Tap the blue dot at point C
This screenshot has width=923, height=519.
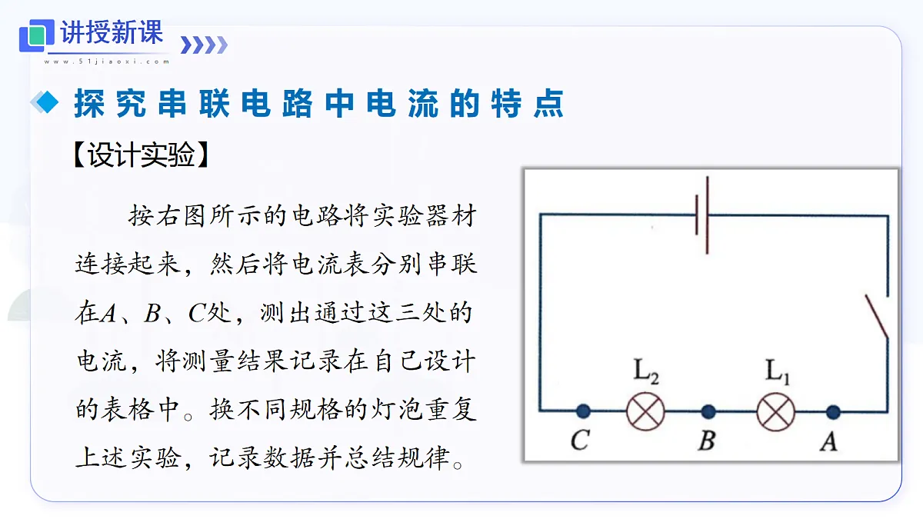(x=583, y=411)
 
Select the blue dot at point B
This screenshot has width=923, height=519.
(x=708, y=411)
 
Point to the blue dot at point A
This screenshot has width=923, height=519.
(x=833, y=412)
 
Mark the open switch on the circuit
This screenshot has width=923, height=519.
(x=877, y=317)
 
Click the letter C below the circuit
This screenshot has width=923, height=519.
(x=580, y=440)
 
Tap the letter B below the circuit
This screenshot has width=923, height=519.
(x=707, y=441)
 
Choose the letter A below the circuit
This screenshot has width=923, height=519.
(x=829, y=441)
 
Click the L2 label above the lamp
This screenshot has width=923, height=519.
(x=646, y=371)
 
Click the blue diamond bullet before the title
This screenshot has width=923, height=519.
(x=45, y=101)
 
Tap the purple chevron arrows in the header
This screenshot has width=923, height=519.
(x=204, y=45)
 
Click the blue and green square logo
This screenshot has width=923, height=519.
(x=37, y=35)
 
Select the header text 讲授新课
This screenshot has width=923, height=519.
(x=112, y=32)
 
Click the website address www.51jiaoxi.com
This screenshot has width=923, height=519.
(x=107, y=62)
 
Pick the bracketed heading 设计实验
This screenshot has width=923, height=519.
(x=142, y=155)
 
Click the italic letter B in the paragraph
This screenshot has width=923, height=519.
(x=152, y=313)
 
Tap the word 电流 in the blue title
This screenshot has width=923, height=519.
(x=402, y=103)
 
